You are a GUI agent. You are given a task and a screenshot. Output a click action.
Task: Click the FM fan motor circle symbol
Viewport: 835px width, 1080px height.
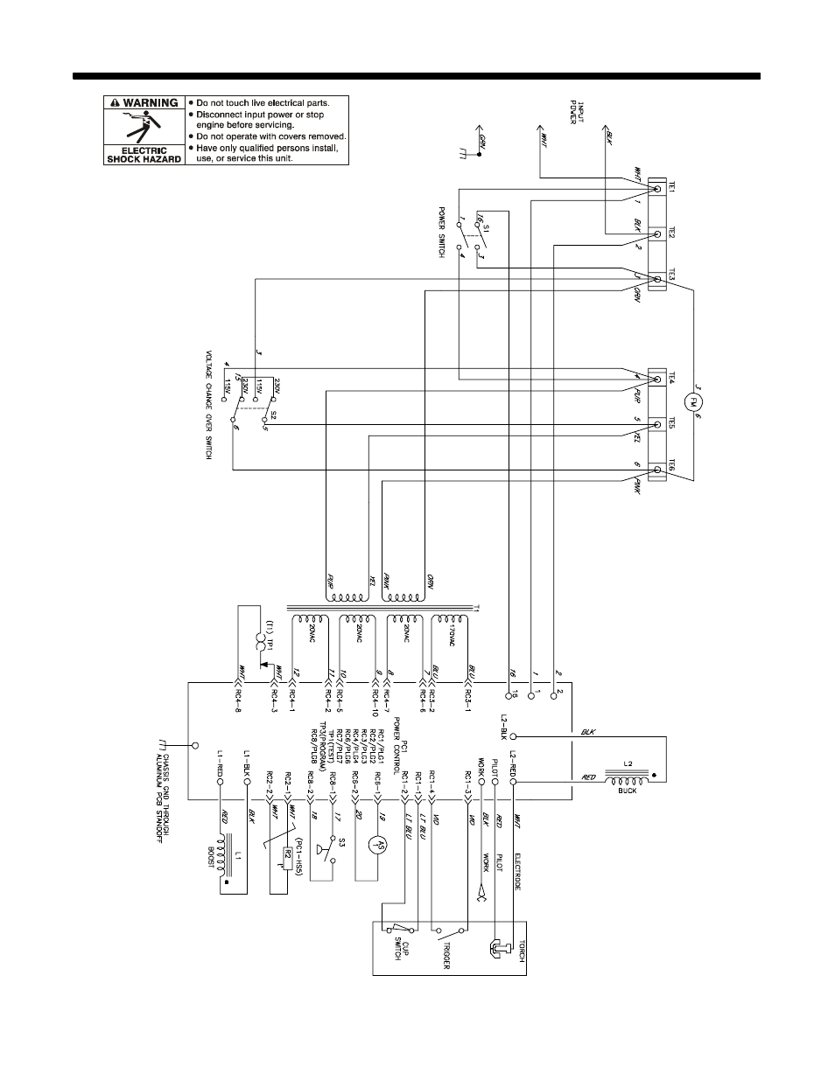[693, 402]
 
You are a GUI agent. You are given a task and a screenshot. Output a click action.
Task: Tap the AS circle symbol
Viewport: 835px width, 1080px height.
[377, 844]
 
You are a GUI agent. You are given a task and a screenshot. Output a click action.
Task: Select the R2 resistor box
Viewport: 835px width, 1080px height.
[287, 854]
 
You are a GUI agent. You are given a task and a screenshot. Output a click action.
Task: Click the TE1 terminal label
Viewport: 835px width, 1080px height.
[671, 188]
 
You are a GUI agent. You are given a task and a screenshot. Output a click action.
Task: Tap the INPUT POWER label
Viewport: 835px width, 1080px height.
[569, 113]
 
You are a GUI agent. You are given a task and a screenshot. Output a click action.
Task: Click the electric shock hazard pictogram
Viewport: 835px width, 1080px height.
[144, 128]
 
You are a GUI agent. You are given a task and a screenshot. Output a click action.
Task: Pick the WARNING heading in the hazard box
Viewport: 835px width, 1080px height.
[144, 102]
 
